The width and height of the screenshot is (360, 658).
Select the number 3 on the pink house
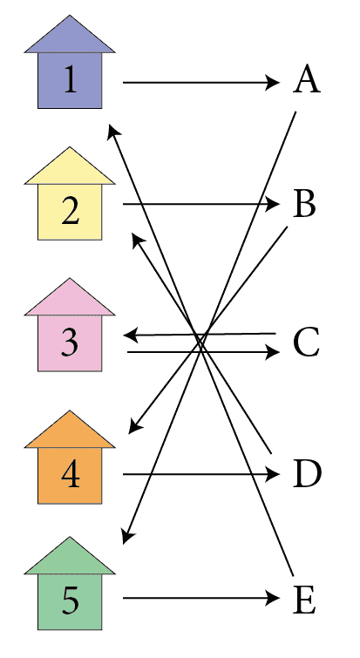(70, 343)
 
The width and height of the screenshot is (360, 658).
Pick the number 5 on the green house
(70, 600)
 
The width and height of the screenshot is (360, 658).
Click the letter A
(307, 79)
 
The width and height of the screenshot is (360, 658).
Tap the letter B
(304, 204)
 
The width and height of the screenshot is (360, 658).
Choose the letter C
(306, 343)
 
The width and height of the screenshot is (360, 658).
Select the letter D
(307, 475)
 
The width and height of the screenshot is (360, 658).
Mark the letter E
(304, 600)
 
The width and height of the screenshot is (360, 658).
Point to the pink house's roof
(70, 297)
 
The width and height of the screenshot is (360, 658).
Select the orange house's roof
(70, 430)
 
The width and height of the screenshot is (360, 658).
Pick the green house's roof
(70, 556)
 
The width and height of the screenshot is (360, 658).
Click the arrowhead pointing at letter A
(273, 83)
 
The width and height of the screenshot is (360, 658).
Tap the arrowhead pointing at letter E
(273, 598)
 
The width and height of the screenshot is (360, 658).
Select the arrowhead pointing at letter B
(273, 204)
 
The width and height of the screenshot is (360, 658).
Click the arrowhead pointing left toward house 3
(131, 336)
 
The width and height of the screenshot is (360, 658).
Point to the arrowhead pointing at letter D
(273, 474)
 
